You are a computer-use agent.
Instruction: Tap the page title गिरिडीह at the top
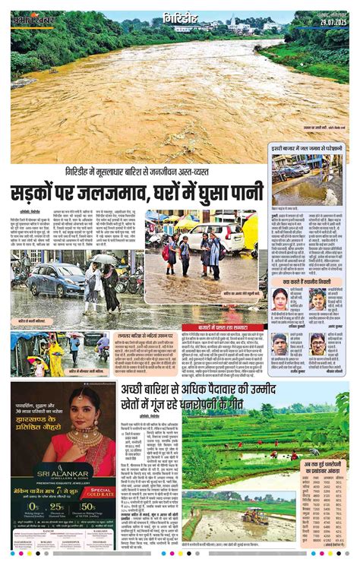coord(183,17)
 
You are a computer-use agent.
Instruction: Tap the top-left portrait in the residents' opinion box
coord(279,298)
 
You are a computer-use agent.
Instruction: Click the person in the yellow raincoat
coord(55,357)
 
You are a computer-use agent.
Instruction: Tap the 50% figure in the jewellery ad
coord(88,507)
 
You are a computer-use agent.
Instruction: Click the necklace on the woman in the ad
coord(83,439)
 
